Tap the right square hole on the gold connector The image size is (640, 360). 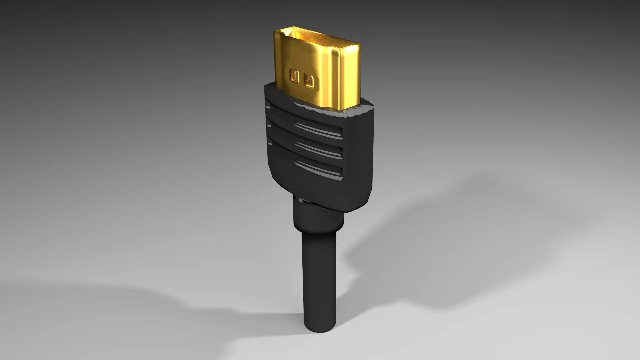[309, 81]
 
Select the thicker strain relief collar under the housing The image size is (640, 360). [318, 217]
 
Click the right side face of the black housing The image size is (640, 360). [360, 153]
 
